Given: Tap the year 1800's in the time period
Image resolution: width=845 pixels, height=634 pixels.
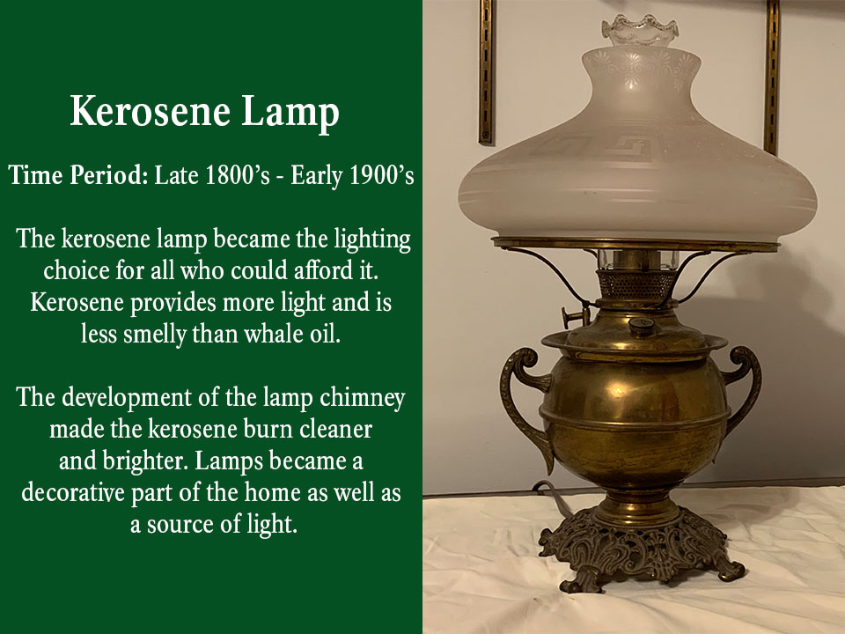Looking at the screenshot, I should pyautogui.click(x=218, y=175).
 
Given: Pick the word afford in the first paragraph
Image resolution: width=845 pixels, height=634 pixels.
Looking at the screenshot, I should pyautogui.click(x=340, y=271).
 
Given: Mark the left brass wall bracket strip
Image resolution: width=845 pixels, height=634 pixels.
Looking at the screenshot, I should pyautogui.click(x=486, y=70).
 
